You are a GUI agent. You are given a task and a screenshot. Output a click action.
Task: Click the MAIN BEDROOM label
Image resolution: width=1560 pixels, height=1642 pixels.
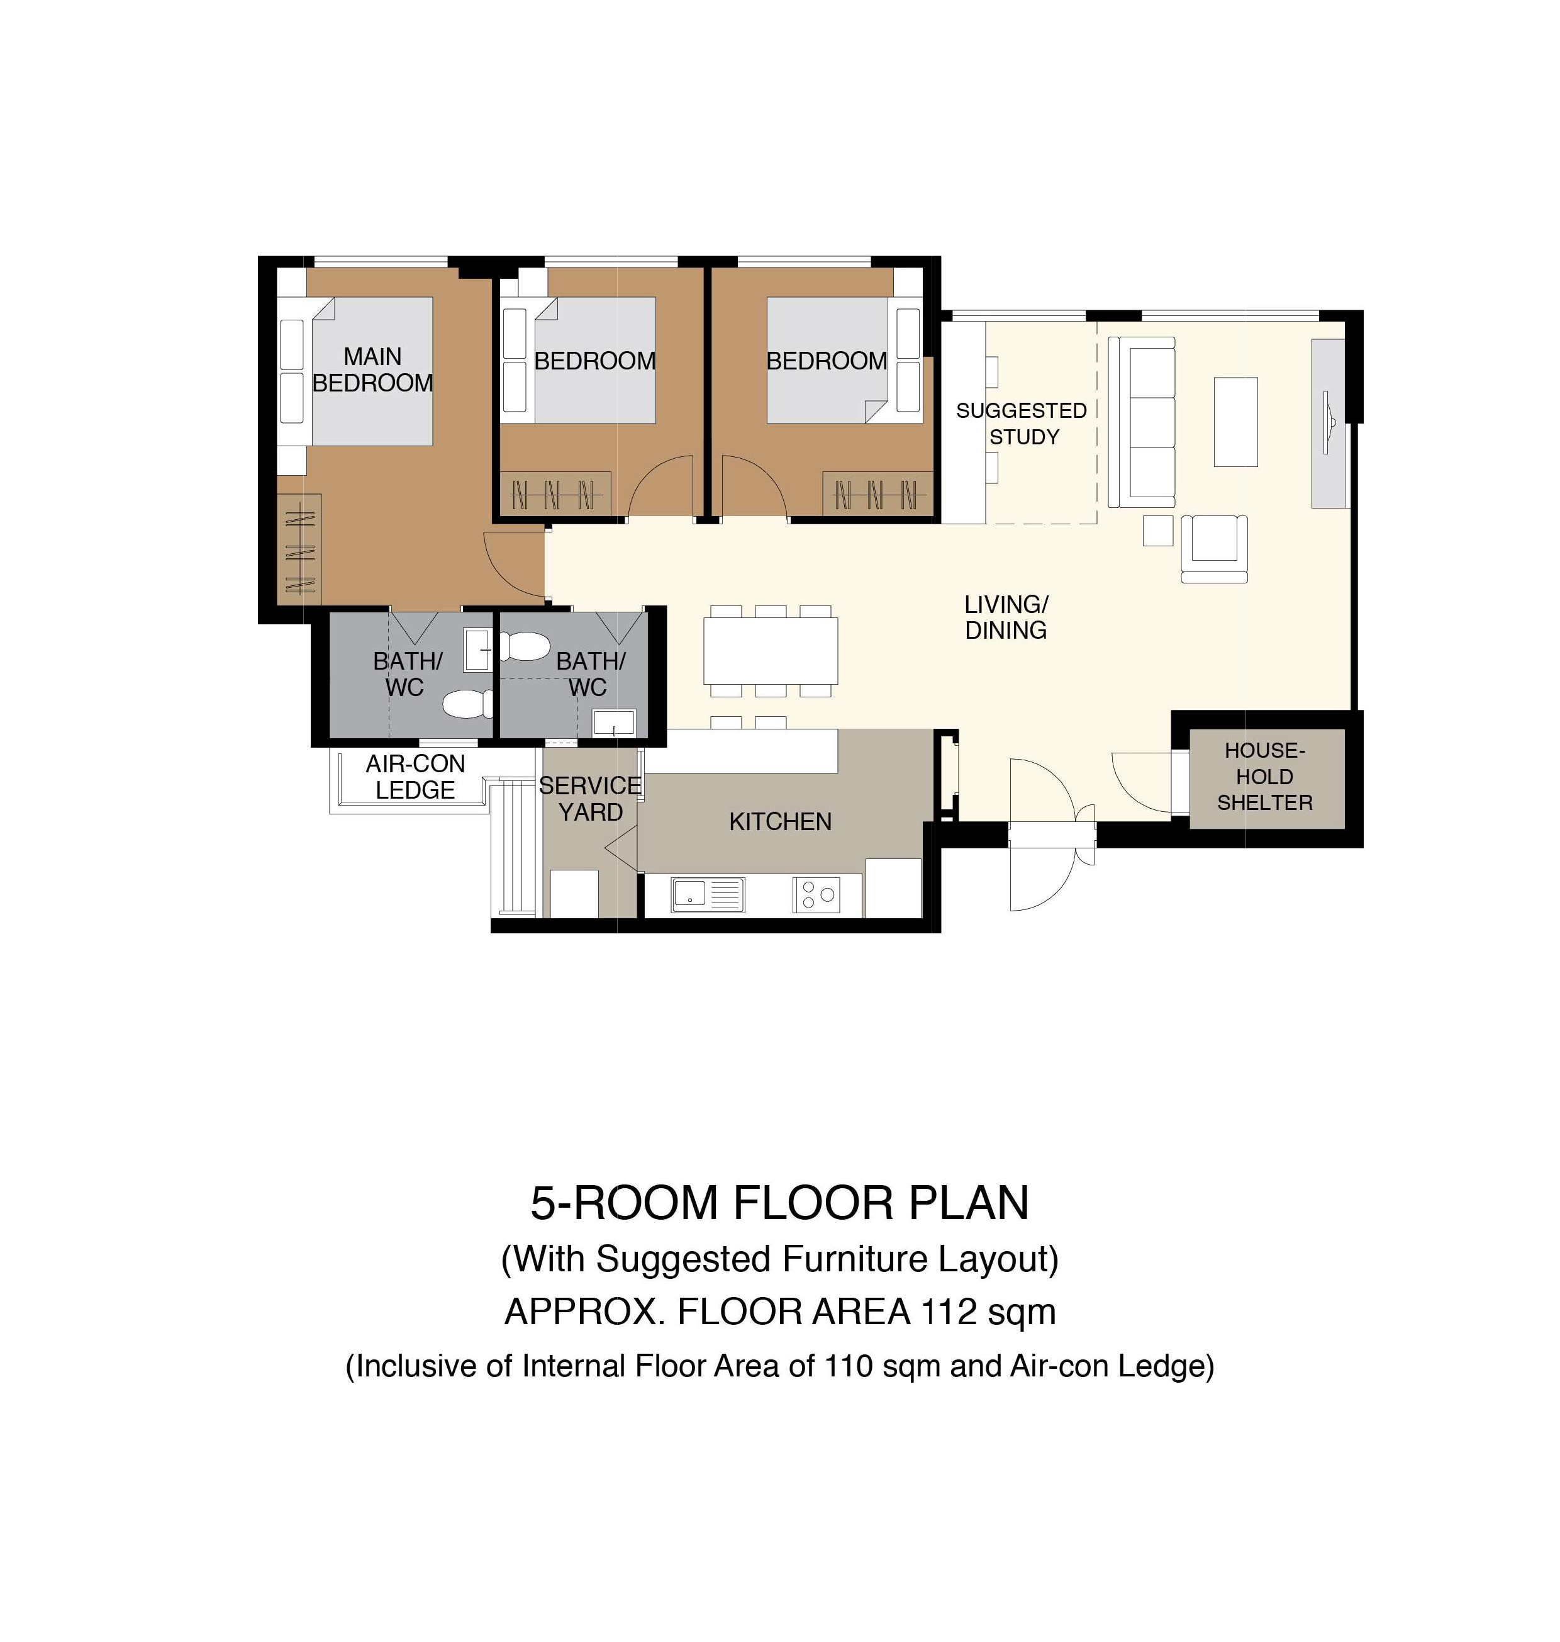[x=372, y=369]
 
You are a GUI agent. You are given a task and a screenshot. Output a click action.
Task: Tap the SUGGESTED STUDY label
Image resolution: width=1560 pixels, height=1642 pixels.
[x=1022, y=424]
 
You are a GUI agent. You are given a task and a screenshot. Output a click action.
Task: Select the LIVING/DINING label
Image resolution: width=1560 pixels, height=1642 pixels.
[x=1006, y=617]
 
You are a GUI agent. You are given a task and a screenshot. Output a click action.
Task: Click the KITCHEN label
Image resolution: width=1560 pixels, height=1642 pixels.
[x=780, y=822]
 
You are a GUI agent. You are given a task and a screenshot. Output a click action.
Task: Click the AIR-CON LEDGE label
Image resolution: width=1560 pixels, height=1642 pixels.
[x=415, y=777]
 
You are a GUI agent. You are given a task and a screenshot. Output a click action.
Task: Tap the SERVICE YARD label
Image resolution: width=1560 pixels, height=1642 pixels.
[x=591, y=799]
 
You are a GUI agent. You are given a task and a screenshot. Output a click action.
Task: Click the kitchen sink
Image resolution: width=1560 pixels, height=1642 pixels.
[x=708, y=895]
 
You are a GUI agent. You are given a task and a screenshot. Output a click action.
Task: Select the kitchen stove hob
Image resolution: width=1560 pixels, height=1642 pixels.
[x=816, y=895]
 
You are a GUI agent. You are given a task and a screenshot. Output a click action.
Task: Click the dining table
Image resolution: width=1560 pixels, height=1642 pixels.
[x=771, y=651]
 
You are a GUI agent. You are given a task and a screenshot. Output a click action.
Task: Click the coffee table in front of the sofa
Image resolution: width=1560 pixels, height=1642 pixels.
[x=1235, y=422]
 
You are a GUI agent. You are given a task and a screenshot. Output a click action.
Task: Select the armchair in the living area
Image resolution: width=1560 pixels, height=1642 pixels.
[x=1215, y=548]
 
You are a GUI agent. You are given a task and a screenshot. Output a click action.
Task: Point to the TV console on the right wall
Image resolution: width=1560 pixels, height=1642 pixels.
[x=1329, y=424]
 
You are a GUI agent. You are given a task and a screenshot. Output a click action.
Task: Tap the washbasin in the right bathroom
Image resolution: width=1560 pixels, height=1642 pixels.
[x=614, y=723]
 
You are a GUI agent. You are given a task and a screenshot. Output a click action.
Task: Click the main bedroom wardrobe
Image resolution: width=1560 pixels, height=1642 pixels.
[x=299, y=549]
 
